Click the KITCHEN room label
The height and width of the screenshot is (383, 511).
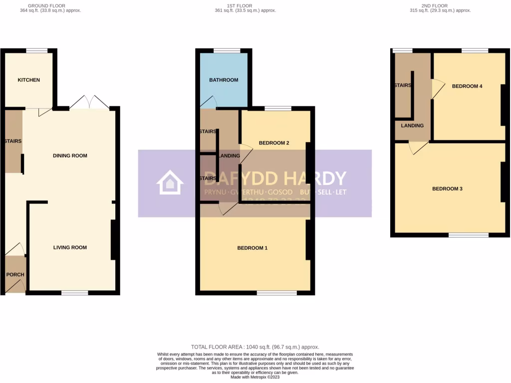[x=28, y=80]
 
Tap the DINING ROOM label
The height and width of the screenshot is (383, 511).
[x=70, y=156]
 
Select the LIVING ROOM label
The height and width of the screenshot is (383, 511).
[x=70, y=247]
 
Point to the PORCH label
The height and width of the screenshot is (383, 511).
[x=15, y=275]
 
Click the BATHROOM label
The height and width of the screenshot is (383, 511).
[x=224, y=80]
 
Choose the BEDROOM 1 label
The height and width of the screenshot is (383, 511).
[x=252, y=248]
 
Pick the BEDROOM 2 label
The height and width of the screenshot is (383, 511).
[x=274, y=143]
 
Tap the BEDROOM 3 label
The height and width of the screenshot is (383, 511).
[x=447, y=189]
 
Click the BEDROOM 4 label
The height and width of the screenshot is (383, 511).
[x=467, y=86]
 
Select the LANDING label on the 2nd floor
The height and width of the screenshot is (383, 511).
[x=412, y=126]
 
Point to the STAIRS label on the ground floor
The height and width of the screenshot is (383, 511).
[x=12, y=141]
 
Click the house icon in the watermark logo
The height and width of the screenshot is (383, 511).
[x=170, y=183]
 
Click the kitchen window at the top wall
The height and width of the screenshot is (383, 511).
[x=36, y=50]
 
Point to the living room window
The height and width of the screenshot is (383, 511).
[x=75, y=293]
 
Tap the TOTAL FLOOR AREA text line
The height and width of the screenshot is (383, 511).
[x=255, y=347]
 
